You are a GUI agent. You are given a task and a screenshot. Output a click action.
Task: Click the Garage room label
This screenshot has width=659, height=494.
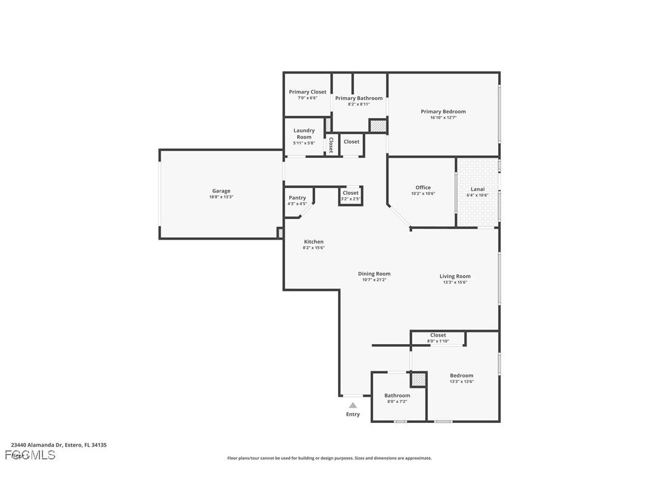click(x=221, y=191)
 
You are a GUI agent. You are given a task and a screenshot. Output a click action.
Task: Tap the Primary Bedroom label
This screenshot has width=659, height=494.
click(x=443, y=112)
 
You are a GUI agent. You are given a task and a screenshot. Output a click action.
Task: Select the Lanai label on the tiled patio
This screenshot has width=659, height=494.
click(x=478, y=189)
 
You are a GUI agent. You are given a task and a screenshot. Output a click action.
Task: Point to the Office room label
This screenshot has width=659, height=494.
click(x=423, y=188)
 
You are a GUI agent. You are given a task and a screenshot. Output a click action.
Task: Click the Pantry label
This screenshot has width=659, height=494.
click(x=297, y=198)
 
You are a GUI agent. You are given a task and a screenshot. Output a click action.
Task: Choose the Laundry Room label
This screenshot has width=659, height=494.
click(x=304, y=134)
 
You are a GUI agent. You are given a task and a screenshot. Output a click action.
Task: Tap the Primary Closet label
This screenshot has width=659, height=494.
click(x=307, y=92)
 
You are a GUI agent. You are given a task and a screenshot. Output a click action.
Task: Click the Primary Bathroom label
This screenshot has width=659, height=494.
click(x=359, y=98)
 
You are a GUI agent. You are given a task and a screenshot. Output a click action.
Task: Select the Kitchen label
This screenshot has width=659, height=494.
click(x=314, y=242)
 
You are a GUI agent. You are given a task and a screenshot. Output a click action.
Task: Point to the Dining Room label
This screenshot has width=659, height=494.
click(x=374, y=274)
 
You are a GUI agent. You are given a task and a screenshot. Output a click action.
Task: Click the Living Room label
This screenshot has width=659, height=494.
click(x=455, y=276)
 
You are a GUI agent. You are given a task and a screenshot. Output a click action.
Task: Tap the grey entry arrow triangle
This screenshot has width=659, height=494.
click(x=353, y=405)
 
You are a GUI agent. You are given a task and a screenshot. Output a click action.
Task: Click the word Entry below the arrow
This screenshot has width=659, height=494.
click(x=353, y=414)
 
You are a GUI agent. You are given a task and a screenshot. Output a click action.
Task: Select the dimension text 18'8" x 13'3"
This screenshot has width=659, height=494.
click(x=221, y=197)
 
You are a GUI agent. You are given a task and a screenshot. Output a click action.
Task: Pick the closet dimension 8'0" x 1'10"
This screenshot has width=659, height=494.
click(x=438, y=341)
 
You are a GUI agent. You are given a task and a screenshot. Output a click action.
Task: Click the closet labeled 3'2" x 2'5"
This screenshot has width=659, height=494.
click(x=350, y=195)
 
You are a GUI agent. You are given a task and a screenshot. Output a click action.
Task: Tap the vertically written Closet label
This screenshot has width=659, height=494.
click(x=331, y=144)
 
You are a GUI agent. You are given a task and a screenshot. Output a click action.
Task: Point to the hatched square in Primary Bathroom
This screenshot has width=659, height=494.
click(x=378, y=126)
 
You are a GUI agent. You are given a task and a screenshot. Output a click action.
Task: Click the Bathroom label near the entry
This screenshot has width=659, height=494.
click(x=397, y=396)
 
